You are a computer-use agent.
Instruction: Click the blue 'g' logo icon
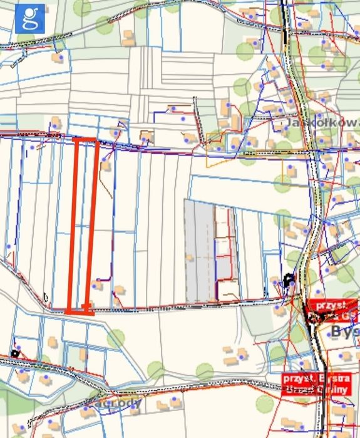28,19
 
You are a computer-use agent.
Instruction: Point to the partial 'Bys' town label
344,330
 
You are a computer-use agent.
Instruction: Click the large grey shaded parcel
199,251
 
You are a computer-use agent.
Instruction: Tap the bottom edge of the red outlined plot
80,311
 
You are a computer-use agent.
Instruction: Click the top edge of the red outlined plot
86,140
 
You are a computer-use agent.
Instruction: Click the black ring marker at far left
15,353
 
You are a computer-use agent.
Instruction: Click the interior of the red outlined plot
84,226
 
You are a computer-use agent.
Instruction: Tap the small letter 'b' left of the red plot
46,296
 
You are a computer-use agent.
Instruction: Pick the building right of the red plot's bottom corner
98,286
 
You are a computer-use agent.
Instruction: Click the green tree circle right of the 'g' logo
81,8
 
